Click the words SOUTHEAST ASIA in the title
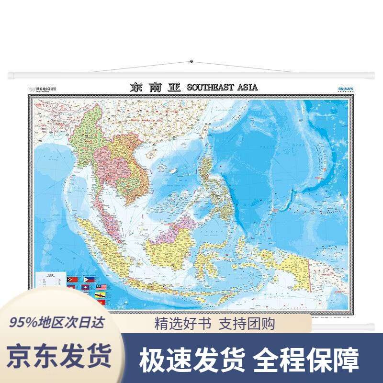(222, 87)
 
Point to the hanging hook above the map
(191, 61)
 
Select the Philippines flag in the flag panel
(89, 280)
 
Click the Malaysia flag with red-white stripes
(101, 287)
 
